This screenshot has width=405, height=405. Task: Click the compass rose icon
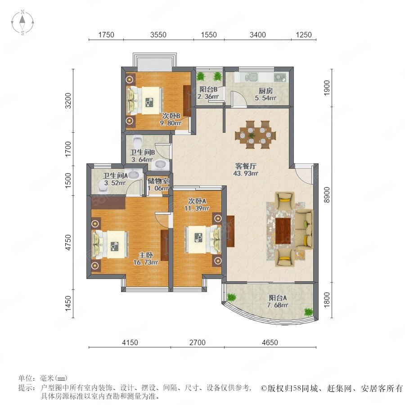pyautogui.click(x=22, y=22)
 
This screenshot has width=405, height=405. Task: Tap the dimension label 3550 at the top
pyautogui.click(x=158, y=35)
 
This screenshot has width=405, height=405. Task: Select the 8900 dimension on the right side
pyautogui.click(x=327, y=195)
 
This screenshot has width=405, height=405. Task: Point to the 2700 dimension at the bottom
pyautogui.click(x=198, y=342)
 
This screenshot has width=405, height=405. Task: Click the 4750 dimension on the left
pyautogui.click(x=68, y=242)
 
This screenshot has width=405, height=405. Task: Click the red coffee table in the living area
pyautogui.click(x=283, y=231)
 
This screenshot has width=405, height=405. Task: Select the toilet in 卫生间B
pyautogui.click(x=138, y=141)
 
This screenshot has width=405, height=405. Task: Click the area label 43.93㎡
pyautogui.click(x=245, y=173)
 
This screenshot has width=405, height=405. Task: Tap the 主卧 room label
pyautogui.click(x=146, y=255)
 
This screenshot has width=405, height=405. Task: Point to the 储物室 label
pyautogui.click(x=158, y=181)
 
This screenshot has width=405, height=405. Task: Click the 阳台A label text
pyautogui.click(x=278, y=298)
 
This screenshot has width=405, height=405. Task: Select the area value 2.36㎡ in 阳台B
pyautogui.click(x=208, y=97)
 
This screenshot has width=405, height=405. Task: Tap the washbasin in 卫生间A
pyautogui.click(x=134, y=174)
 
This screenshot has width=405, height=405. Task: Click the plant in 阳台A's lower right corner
pyautogui.click(x=308, y=312)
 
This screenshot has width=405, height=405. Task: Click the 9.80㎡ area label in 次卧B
pyautogui.click(x=171, y=123)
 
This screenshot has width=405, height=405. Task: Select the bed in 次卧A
pyautogui.click(x=203, y=239)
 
